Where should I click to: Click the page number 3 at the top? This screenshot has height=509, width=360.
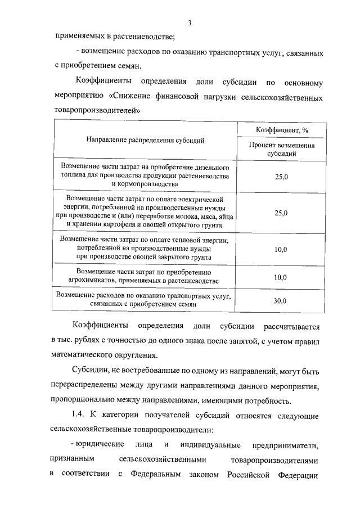click(190, 22)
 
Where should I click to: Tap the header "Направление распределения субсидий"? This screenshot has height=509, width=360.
click(145, 140)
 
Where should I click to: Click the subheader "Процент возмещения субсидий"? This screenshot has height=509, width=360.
click(281, 149)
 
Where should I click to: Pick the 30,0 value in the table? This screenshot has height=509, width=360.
click(280, 300)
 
